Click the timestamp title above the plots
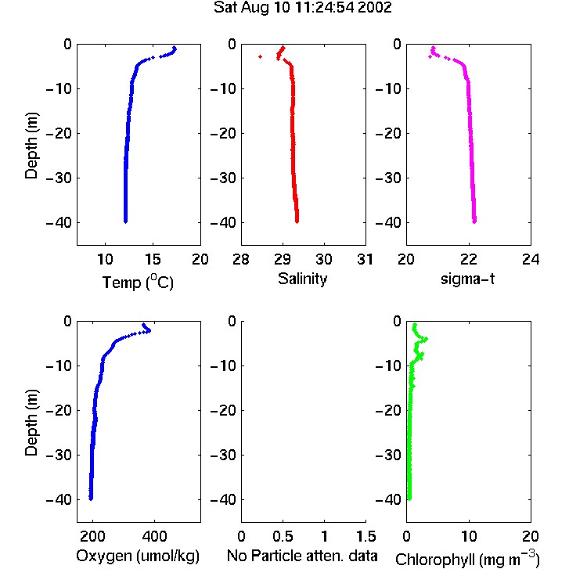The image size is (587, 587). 302,8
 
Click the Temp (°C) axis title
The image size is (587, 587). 138,282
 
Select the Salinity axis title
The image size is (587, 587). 302,279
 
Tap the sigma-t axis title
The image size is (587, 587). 467,279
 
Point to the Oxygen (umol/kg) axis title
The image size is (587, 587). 138,556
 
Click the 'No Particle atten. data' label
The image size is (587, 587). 302,556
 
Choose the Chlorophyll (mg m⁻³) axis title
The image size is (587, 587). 467,559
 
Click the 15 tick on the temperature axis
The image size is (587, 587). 153,259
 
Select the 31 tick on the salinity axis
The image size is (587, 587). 365,259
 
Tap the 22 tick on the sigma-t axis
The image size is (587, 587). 468,259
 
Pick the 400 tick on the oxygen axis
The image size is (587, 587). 154,536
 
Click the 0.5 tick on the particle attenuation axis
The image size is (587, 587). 283,536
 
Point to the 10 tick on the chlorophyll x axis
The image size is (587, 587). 468,536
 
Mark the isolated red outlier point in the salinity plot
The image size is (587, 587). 260,56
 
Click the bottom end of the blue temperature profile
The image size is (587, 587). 125,221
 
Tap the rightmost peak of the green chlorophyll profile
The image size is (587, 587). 426,339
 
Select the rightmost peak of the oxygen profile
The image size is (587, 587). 149,330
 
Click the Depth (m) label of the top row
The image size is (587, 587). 31,146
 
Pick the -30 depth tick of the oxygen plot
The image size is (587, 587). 59,456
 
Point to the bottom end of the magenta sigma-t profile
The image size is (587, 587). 474,221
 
